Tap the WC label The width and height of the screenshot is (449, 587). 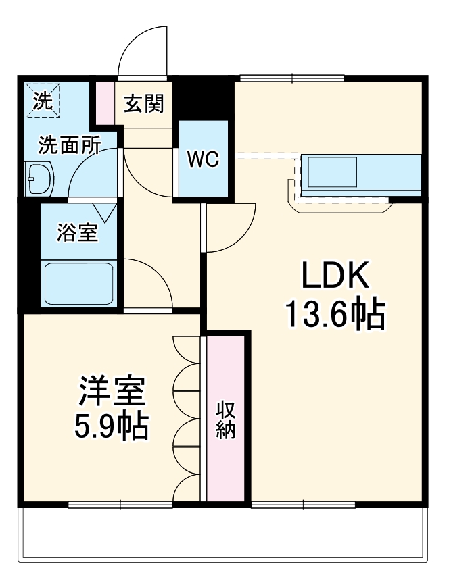point(203,159)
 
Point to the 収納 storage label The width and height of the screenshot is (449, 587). point(225,419)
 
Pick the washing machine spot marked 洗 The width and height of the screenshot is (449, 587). point(42,99)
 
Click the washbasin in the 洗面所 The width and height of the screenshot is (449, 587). point(39,180)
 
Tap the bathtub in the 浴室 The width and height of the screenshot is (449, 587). point(78,283)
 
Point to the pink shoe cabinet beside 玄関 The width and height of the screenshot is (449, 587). point(105,103)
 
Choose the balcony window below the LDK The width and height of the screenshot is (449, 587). point(303,504)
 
